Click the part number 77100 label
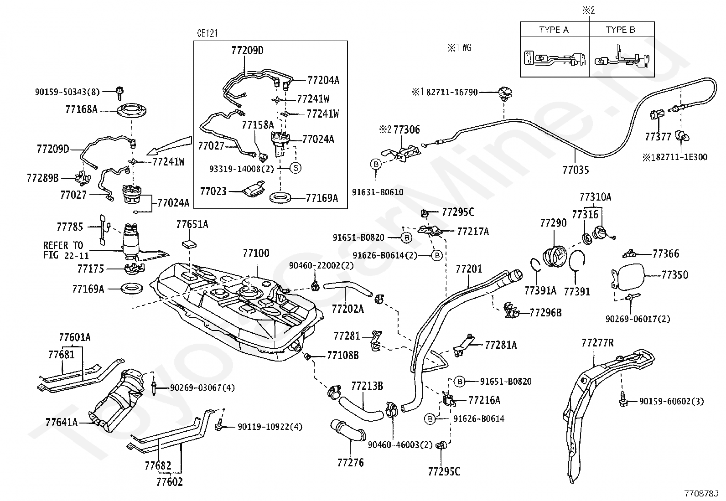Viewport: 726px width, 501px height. (256, 253)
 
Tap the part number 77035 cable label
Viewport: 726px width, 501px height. (576, 170)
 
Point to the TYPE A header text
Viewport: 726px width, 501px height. (554, 30)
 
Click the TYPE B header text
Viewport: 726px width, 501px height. (620, 30)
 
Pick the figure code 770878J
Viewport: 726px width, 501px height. (700, 493)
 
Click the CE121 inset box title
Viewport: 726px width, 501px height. (207, 33)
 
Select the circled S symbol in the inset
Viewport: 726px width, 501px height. (296, 168)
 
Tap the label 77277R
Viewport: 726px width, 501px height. (597, 342)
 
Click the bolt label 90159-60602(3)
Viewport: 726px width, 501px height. (671, 401)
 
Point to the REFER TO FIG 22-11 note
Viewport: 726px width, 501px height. (63, 250)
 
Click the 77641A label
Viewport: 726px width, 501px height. (61, 422)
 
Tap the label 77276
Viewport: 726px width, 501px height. (351, 462)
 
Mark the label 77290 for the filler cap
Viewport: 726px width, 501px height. (553, 223)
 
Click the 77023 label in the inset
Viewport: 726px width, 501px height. (213, 191)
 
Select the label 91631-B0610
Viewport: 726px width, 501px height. (378, 192)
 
